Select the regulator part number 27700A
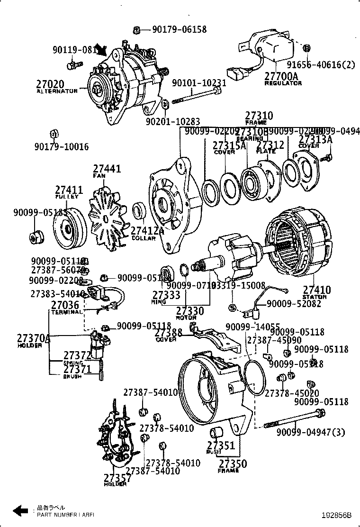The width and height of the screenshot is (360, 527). pos(281,76)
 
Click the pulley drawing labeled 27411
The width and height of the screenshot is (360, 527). pos(68,230)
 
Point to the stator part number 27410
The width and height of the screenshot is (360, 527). pos(317,290)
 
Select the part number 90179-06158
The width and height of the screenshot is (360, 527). pos(179,30)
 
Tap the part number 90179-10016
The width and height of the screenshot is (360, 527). pos(61,147)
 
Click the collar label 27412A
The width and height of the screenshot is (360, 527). pos(147,231)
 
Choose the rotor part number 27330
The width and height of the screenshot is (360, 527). pos(189,311)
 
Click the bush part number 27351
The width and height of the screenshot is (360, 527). pos(221,445)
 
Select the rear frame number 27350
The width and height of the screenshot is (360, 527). pos(232,463)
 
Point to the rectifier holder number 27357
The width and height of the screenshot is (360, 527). pos(117,478)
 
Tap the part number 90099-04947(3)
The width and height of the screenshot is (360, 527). pos(311,432)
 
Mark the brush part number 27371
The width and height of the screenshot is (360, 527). pos(77,369)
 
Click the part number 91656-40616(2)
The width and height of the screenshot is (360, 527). pos(321,65)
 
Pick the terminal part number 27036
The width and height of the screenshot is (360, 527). pos(65,306)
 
